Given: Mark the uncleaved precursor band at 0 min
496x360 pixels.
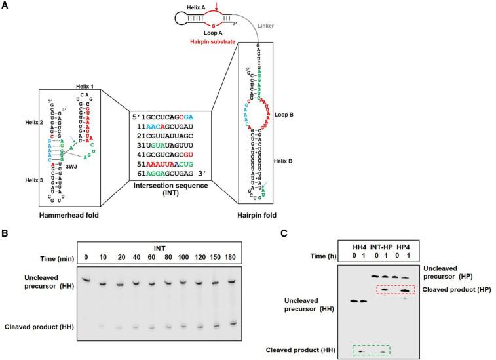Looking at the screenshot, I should point(85,279).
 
